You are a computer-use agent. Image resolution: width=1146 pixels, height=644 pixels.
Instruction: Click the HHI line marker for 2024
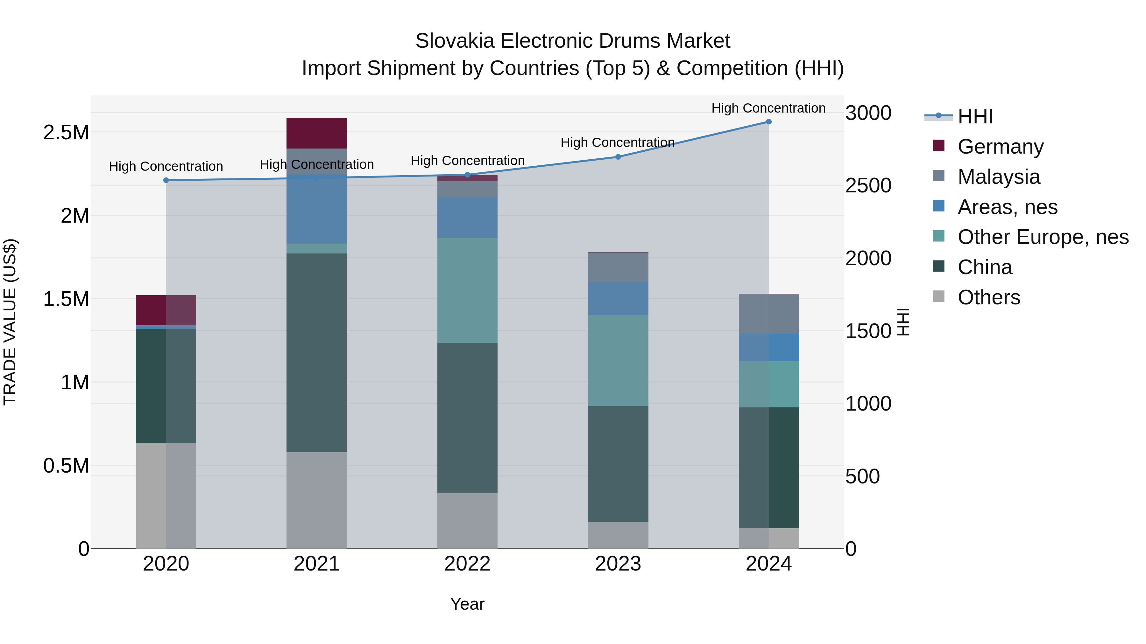click(768, 122)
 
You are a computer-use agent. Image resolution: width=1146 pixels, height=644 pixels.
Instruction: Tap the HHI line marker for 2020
click(166, 180)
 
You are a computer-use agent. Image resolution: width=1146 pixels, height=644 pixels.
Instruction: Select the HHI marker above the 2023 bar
click(618, 157)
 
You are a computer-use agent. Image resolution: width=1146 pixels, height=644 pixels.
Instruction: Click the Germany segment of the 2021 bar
click(316, 133)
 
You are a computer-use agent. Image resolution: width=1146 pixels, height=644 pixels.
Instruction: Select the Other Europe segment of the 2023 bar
click(618, 360)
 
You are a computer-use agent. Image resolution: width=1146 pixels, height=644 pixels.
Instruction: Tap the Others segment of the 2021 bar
click(316, 500)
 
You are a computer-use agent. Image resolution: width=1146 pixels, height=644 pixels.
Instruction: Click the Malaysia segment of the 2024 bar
click(768, 314)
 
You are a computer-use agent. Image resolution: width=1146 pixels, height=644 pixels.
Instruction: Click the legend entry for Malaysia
click(999, 177)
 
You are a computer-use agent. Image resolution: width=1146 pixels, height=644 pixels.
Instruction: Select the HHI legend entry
click(975, 116)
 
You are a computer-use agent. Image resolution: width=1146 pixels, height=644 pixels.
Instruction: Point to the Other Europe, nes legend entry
click(1043, 237)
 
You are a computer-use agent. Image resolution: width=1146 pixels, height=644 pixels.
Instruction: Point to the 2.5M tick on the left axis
click(66, 132)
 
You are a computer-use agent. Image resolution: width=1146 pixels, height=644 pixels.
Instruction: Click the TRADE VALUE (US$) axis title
click(10, 322)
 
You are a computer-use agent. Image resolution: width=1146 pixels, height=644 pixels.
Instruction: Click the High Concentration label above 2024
click(768, 108)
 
